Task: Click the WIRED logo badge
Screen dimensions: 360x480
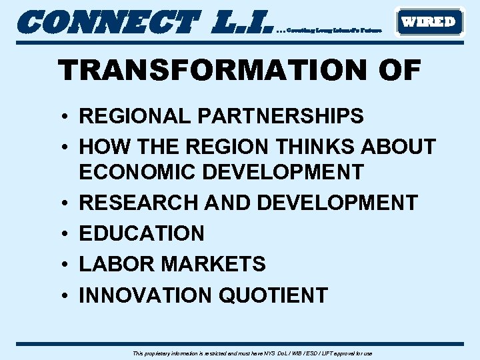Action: [429, 22]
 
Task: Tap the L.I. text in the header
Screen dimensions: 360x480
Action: [241, 22]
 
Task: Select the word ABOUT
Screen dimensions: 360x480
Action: [399, 146]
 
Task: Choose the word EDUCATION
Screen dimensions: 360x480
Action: [142, 233]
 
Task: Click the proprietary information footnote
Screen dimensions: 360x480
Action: [253, 353]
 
